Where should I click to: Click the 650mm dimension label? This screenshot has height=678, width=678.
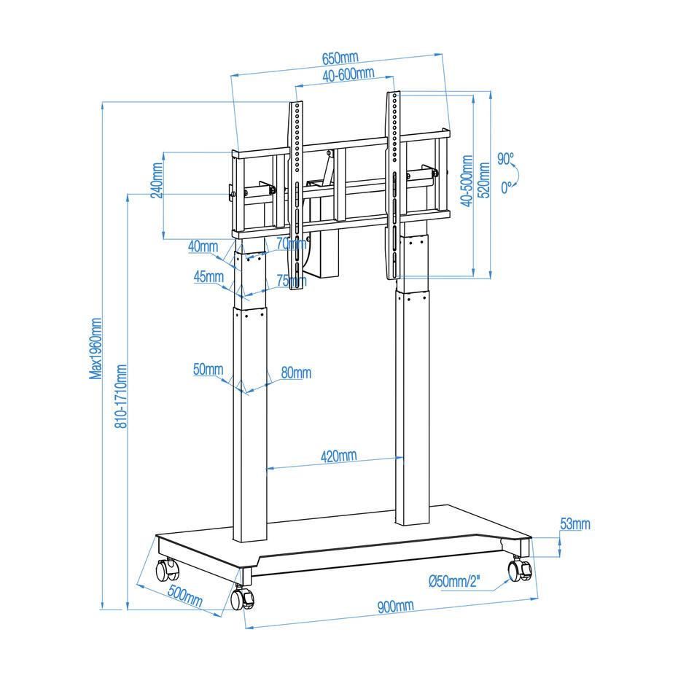[x=340, y=58]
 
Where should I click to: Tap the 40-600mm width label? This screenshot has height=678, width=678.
[x=348, y=74]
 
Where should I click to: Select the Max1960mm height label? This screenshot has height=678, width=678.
[x=96, y=348]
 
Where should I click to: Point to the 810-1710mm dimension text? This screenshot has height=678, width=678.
[x=121, y=396]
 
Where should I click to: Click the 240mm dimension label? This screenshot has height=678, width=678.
[x=157, y=180]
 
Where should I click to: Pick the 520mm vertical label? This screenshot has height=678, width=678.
[x=485, y=180]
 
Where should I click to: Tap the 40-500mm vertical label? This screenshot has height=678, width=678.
[x=467, y=182]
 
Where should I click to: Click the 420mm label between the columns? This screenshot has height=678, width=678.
[x=338, y=456]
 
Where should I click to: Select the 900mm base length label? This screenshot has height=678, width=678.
[x=395, y=606]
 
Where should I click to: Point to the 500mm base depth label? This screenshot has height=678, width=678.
[x=185, y=596]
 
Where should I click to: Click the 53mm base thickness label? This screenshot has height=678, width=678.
[x=575, y=523]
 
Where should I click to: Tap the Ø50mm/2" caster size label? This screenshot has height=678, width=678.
[x=454, y=581]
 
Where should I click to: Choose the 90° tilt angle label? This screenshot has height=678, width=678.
[x=505, y=159]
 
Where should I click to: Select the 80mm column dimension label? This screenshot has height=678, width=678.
[x=296, y=373]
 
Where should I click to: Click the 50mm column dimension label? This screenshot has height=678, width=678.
[x=208, y=370]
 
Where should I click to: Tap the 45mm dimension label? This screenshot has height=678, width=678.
[x=209, y=276]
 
